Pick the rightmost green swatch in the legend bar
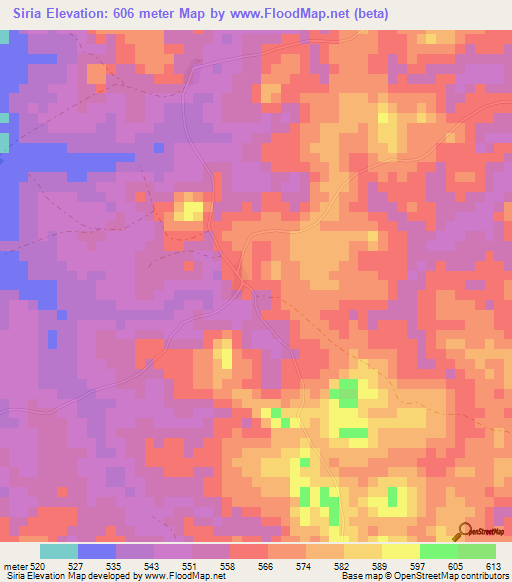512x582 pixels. [x=477, y=551]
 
